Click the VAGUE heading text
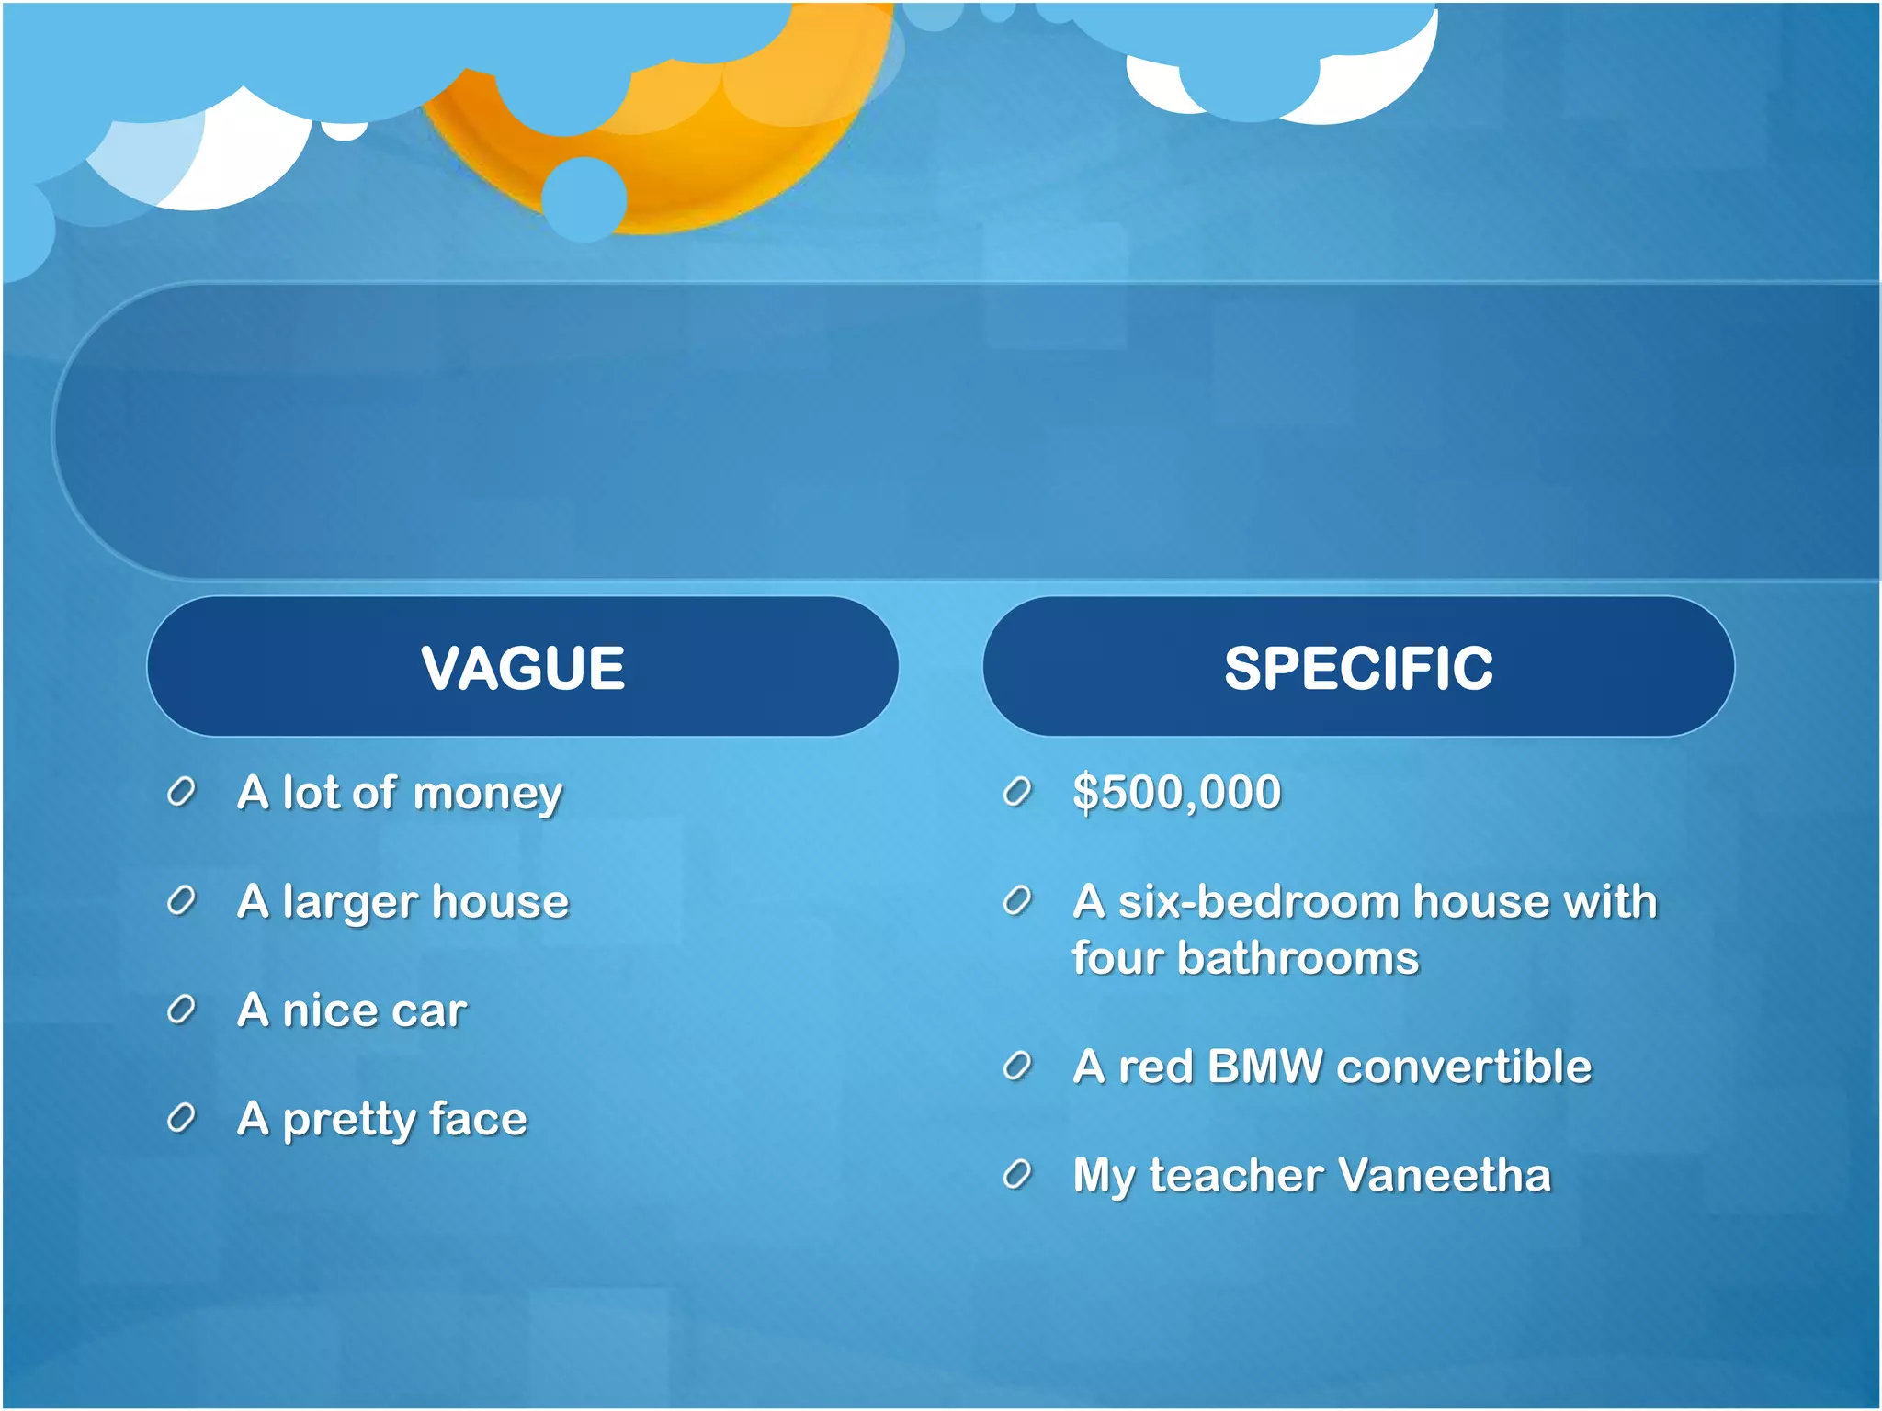click(523, 668)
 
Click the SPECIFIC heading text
click(1358, 668)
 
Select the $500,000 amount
click(1176, 793)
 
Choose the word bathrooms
click(1298, 959)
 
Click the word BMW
click(1265, 1067)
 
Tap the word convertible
click(1464, 1067)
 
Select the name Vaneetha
click(1444, 1176)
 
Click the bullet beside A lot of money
click(181, 792)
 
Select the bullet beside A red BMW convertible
click(1016, 1067)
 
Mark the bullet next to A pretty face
click(181, 1118)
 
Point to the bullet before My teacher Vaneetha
click(1016, 1175)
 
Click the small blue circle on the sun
click(584, 199)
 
